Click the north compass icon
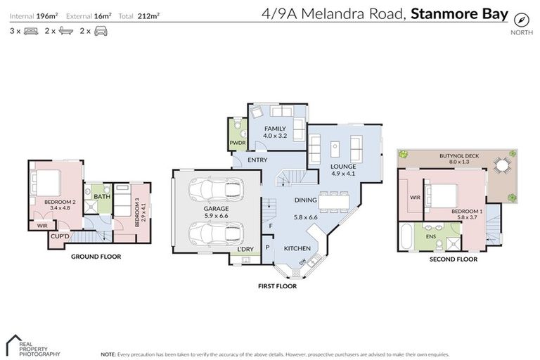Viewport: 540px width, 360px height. coord(521,19)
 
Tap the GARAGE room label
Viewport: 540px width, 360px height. coord(217,210)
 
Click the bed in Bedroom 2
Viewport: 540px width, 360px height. coord(47,182)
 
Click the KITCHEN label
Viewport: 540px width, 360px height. coord(297,249)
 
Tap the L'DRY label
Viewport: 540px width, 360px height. coord(245,250)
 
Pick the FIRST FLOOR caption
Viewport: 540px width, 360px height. coord(277,286)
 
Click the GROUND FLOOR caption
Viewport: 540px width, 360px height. coord(96,257)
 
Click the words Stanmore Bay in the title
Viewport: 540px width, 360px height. coord(460,13)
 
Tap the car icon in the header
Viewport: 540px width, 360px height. coord(101,31)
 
